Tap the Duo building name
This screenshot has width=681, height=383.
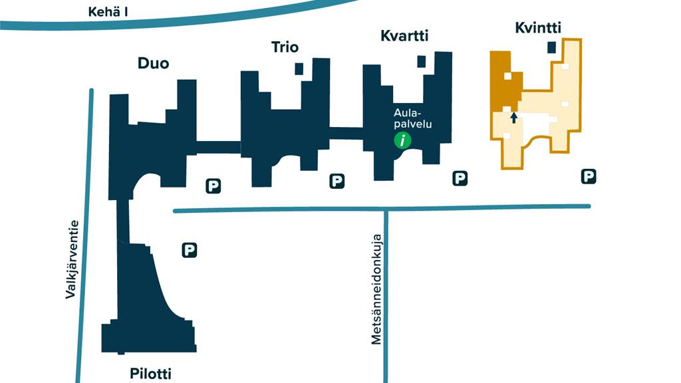(153, 64)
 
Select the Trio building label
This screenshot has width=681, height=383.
(285, 47)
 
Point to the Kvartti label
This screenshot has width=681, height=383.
(403, 36)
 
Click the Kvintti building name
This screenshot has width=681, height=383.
(538, 28)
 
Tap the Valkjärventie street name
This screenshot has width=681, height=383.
(72, 259)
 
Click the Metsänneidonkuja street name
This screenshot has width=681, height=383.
(376, 289)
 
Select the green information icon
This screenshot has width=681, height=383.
(402, 140)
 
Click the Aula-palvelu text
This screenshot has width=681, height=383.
(409, 118)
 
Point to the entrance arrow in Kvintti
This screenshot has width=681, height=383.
(513, 118)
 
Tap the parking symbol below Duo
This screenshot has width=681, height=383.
(213, 186)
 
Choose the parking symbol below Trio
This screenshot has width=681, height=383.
(337, 180)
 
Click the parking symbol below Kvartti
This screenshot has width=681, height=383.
(460, 178)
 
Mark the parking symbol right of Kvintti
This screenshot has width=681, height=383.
(588, 176)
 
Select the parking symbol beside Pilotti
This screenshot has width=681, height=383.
(190, 250)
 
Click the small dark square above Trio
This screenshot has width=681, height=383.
(299, 68)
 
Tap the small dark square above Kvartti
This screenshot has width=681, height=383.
(421, 61)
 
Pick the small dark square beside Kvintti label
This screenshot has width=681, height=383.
(551, 47)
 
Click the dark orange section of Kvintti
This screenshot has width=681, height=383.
(502, 80)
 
